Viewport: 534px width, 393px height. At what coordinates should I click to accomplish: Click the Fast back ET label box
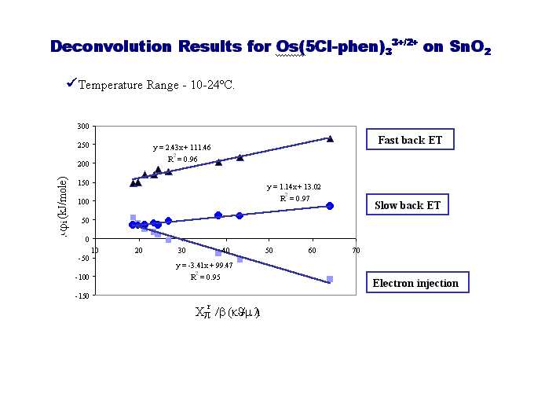pyautogui.click(x=410, y=141)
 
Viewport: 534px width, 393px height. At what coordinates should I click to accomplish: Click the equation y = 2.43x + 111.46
pyautogui.click(x=181, y=147)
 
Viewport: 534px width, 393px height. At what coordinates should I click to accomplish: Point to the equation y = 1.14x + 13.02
pyautogui.click(x=294, y=187)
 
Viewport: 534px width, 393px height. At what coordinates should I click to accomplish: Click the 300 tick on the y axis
pyautogui.click(x=82, y=126)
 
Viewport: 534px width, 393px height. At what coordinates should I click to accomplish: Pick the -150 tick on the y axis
pyautogui.click(x=81, y=295)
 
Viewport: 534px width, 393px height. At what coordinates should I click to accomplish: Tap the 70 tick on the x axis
pyautogui.click(x=356, y=250)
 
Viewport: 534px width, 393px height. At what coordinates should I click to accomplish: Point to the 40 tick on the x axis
pyautogui.click(x=225, y=250)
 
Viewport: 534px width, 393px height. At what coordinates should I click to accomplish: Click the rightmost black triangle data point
pyautogui.click(x=330, y=138)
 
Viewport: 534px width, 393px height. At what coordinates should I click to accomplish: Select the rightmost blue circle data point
pyautogui.click(x=330, y=206)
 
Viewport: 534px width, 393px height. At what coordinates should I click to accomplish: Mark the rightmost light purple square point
pyautogui.click(x=330, y=279)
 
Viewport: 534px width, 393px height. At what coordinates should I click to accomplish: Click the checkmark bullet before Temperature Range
pyautogui.click(x=71, y=83)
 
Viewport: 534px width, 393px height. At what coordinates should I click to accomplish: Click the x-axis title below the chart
pyautogui.click(x=227, y=312)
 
